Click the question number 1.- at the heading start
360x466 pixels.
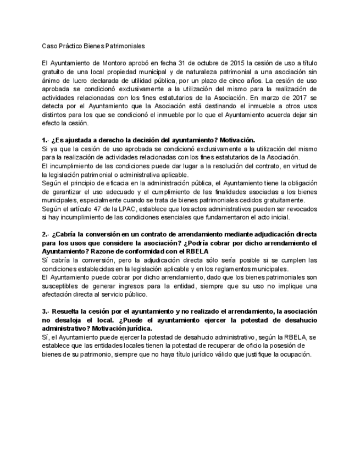(x=46, y=140)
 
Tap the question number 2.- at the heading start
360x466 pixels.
(x=46, y=234)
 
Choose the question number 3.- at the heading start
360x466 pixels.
(x=46, y=310)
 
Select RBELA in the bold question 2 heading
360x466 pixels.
(x=196, y=251)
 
